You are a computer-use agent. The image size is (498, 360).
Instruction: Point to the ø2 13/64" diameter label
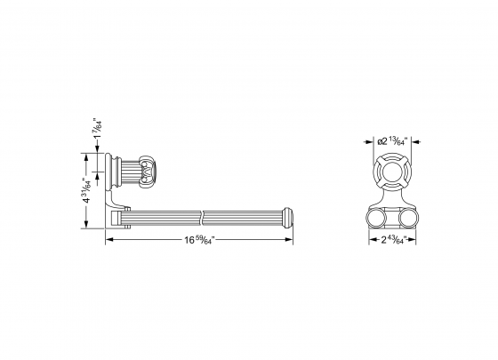coord(390,140)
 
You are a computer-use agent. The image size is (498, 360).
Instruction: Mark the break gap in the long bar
coord(205,215)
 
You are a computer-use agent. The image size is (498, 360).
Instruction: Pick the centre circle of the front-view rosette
coord(391,171)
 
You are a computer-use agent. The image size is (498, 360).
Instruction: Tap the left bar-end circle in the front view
coord(373,217)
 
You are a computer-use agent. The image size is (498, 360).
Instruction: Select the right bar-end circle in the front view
coord(409,217)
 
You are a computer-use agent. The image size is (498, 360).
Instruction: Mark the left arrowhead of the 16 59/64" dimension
coord(108,240)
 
